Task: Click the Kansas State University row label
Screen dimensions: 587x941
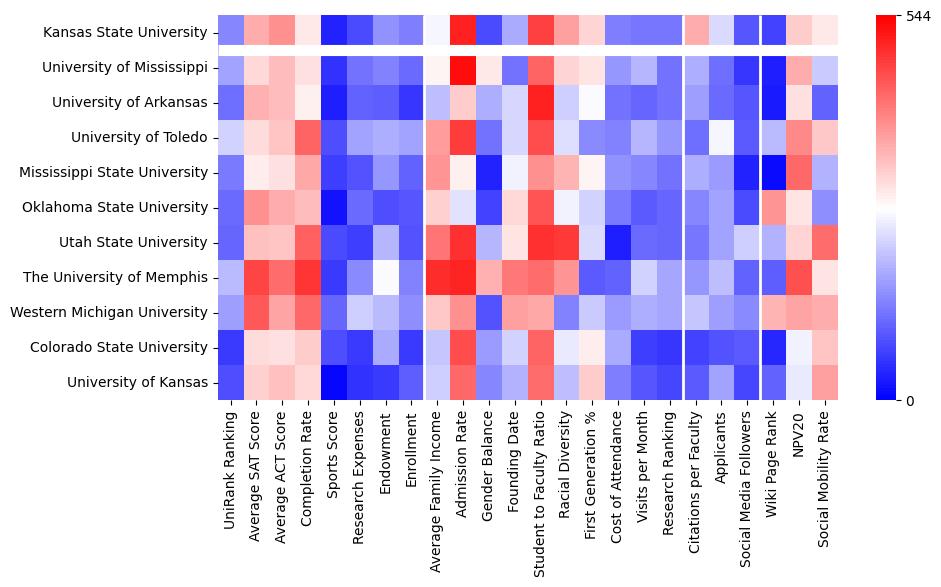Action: pyautogui.click(x=125, y=33)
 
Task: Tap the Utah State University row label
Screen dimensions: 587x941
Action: pyautogui.click(x=131, y=243)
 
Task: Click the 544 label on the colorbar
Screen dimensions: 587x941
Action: pyautogui.click(x=917, y=16)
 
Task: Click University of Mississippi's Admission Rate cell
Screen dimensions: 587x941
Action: pyautogui.click(x=463, y=68)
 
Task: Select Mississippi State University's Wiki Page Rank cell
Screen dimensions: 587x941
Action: pyautogui.click(x=775, y=172)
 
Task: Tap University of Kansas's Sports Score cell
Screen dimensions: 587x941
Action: pyautogui.click(x=333, y=382)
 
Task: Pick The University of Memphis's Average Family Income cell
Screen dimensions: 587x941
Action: pyautogui.click(x=437, y=277)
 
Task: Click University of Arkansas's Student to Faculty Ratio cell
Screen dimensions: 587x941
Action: pyautogui.click(x=541, y=102)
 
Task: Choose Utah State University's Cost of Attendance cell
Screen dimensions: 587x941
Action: pyautogui.click(x=619, y=242)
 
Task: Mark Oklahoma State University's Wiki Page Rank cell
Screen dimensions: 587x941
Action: pyautogui.click(x=775, y=207)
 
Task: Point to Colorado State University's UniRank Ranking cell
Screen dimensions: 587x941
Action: pyautogui.click(x=230, y=347)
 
